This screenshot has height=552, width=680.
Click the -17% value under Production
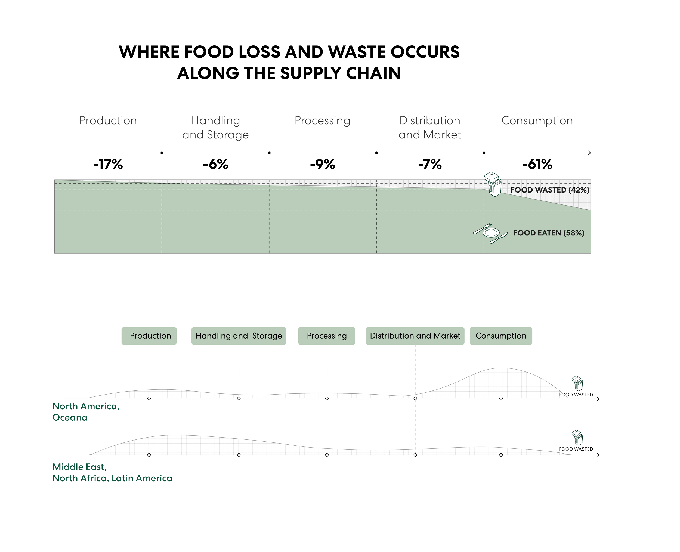coord(108,165)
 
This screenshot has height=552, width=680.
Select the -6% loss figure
coord(216,165)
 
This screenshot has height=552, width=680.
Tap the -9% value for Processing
coord(323,165)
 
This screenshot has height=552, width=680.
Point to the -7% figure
coord(430,165)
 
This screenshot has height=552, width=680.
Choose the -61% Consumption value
coord(537,165)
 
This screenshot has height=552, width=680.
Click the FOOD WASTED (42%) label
coord(550,190)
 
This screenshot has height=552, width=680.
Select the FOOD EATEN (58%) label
coord(549,233)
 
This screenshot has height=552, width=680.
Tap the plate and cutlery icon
coord(490,233)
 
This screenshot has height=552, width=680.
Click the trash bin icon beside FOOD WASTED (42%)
coord(493,184)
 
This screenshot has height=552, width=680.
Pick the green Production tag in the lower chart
coord(149,336)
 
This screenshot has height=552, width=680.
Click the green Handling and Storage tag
coord(239,336)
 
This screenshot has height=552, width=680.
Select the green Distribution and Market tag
coord(415,336)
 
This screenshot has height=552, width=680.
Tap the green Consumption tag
coord(501,336)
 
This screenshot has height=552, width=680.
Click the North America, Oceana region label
coord(86,412)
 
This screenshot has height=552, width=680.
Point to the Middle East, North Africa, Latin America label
coord(112,473)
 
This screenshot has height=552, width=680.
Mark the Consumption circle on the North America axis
coord(501,398)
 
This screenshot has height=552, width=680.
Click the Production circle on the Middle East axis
coord(149,455)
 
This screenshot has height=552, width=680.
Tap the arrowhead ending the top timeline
coord(590,153)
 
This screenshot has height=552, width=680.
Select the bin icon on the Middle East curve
coord(577,438)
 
